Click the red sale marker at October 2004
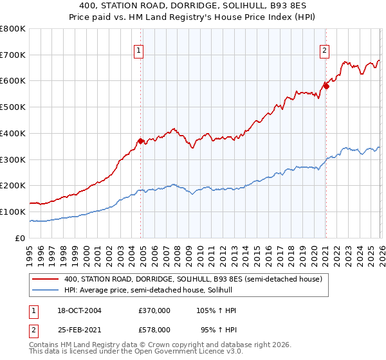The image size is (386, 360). [x=140, y=141]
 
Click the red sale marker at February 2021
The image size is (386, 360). [x=326, y=85]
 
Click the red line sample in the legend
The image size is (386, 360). [x=46, y=279]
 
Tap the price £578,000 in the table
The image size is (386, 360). [x=154, y=328]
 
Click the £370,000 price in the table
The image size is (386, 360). [x=154, y=310]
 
